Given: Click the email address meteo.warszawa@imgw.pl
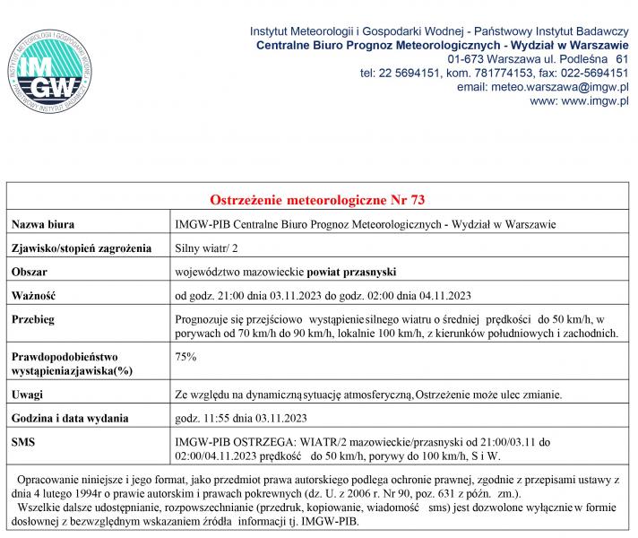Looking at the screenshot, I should (542, 87).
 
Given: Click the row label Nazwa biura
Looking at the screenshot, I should (42, 223).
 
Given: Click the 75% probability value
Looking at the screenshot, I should (185, 356).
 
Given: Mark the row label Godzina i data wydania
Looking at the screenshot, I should (70, 418).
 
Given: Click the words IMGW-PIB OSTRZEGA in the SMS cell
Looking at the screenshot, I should (235, 442).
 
